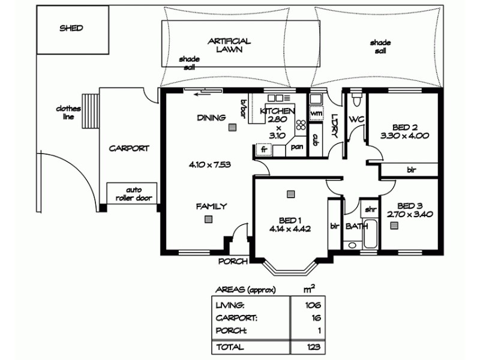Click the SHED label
click(x=71, y=28)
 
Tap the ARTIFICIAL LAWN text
click(x=229, y=46)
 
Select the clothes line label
click(x=68, y=113)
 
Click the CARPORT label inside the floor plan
click(x=128, y=148)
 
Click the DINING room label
click(x=211, y=118)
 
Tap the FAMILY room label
click(x=211, y=206)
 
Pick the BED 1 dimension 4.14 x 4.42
click(x=290, y=228)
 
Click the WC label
click(x=356, y=119)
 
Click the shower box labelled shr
click(x=370, y=210)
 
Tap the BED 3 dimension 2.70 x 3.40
click(x=410, y=214)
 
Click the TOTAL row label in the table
click(x=230, y=347)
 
